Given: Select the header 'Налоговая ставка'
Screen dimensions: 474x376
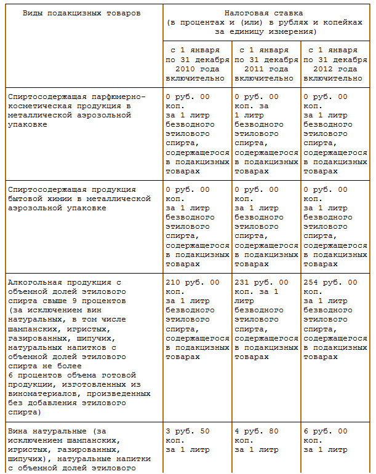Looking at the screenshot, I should click(266, 13).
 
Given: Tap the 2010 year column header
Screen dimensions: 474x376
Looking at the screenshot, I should click(197, 64).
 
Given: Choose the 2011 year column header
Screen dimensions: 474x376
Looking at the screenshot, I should click(265, 64).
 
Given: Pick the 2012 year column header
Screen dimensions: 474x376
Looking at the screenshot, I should click(335, 64).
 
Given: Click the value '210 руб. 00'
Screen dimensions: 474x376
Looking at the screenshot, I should click(192, 282).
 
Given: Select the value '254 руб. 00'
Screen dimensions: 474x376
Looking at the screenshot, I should click(330, 282).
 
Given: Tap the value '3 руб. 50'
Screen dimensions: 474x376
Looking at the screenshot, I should click(188, 431).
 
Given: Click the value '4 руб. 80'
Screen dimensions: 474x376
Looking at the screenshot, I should click(257, 431).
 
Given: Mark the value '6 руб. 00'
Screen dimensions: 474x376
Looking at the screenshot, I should click(326, 431).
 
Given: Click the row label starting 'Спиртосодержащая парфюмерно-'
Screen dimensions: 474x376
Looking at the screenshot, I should click(77, 97).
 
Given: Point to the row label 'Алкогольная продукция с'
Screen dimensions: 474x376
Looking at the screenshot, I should click(64, 282).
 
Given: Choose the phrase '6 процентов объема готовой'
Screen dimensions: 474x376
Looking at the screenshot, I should click(70, 375).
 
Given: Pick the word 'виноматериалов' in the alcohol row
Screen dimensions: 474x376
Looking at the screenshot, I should click(40, 393).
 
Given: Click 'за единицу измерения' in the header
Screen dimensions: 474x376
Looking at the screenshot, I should click(266, 31).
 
